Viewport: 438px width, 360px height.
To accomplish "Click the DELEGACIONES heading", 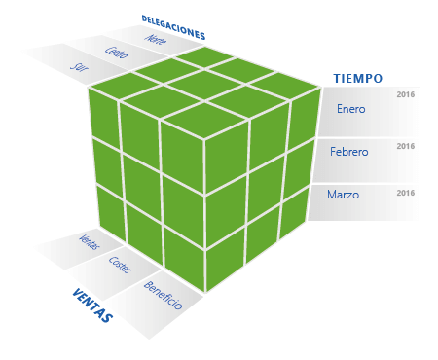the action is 172,26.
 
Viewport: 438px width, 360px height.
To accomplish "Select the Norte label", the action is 156,41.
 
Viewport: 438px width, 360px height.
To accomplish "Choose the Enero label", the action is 350,109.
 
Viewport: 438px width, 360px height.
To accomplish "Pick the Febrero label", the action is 348,153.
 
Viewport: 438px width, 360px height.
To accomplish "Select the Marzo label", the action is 343,195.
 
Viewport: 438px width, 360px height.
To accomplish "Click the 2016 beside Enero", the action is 406,95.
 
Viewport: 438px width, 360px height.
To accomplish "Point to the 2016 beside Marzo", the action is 406,193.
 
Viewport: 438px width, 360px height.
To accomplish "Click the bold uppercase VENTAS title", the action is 92,305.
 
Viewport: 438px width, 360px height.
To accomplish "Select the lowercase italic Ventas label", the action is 89,241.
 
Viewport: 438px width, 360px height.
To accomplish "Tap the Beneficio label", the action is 163,294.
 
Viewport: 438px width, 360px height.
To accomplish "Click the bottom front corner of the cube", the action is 205,291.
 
